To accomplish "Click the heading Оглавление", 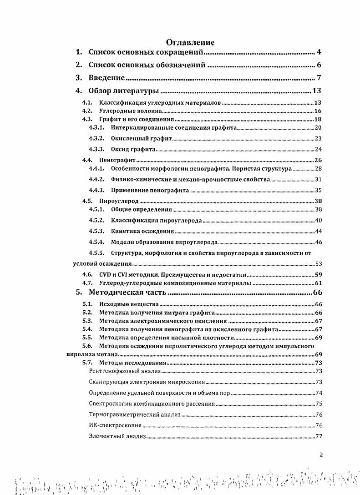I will (x=190, y=43).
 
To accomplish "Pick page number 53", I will (x=318, y=264).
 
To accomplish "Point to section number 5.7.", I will (x=87, y=363).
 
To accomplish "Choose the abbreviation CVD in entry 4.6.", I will (x=105, y=274).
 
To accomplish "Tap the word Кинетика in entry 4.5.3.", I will (x=124, y=231).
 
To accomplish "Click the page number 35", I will (x=319, y=190).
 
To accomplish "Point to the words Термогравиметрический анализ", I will (x=135, y=414).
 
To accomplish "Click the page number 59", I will (x=318, y=274).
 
